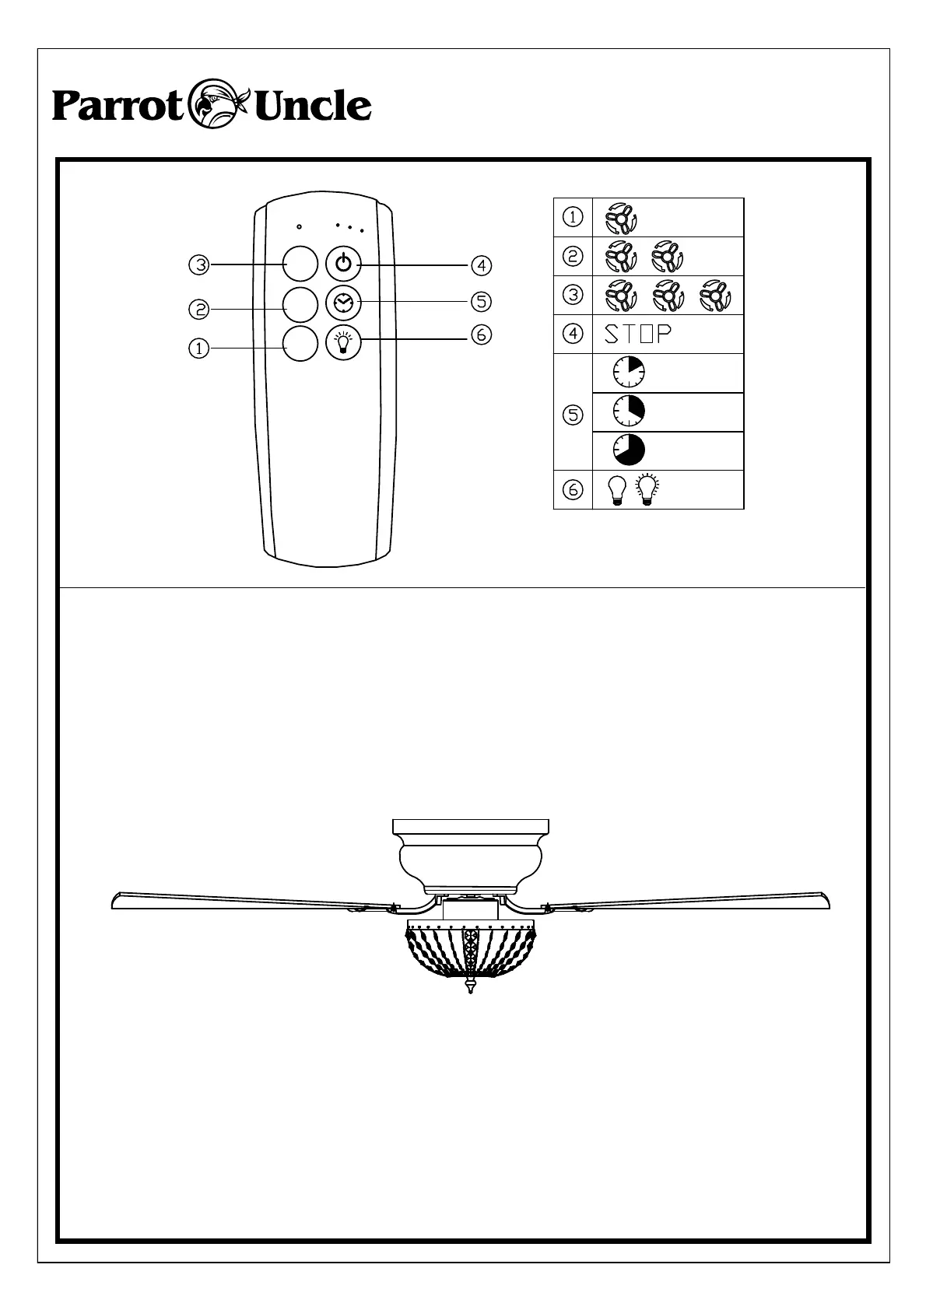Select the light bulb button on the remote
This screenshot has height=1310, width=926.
point(343,343)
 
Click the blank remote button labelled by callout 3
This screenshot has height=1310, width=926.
point(300,264)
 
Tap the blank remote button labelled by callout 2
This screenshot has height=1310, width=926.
point(300,304)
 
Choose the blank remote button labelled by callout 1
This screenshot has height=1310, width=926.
point(300,344)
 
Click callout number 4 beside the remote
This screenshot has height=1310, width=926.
point(482,265)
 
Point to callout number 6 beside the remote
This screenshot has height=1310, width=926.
point(482,335)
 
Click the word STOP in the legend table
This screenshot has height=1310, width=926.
point(638,335)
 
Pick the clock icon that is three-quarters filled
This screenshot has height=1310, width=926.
point(629,450)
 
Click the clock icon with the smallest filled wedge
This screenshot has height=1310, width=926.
point(629,373)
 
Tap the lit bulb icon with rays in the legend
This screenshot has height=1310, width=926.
point(647,489)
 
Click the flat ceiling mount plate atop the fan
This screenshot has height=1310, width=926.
point(471,825)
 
